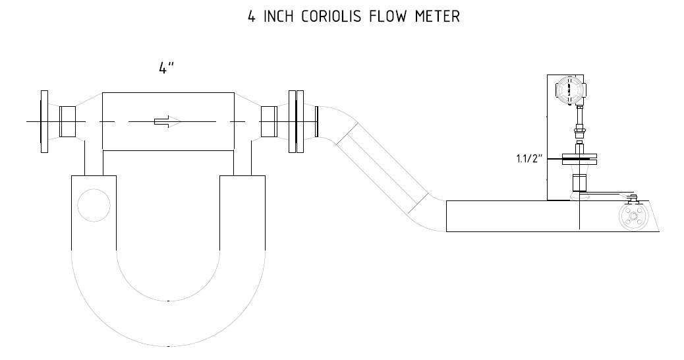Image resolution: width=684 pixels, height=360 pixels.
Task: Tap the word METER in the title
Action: [437, 16]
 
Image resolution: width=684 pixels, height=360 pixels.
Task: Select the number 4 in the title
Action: [252, 16]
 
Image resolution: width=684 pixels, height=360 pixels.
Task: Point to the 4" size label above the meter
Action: [166, 68]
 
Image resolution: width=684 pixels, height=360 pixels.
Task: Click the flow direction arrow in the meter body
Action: [167, 121]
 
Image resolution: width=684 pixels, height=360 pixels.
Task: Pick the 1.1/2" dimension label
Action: [529, 158]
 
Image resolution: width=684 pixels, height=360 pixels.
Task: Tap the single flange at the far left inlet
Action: [45, 121]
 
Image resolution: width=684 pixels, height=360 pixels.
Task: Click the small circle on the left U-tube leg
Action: [94, 205]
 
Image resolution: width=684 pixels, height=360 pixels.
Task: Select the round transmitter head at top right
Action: [570, 90]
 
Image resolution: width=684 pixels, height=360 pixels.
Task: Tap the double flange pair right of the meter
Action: [296, 121]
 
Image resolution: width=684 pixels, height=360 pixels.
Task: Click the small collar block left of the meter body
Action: [67, 121]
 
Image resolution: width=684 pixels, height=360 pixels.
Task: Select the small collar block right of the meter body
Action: [269, 121]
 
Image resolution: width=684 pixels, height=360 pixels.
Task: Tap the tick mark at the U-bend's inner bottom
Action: [169, 301]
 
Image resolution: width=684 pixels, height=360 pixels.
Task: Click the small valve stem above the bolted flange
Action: [632, 199]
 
